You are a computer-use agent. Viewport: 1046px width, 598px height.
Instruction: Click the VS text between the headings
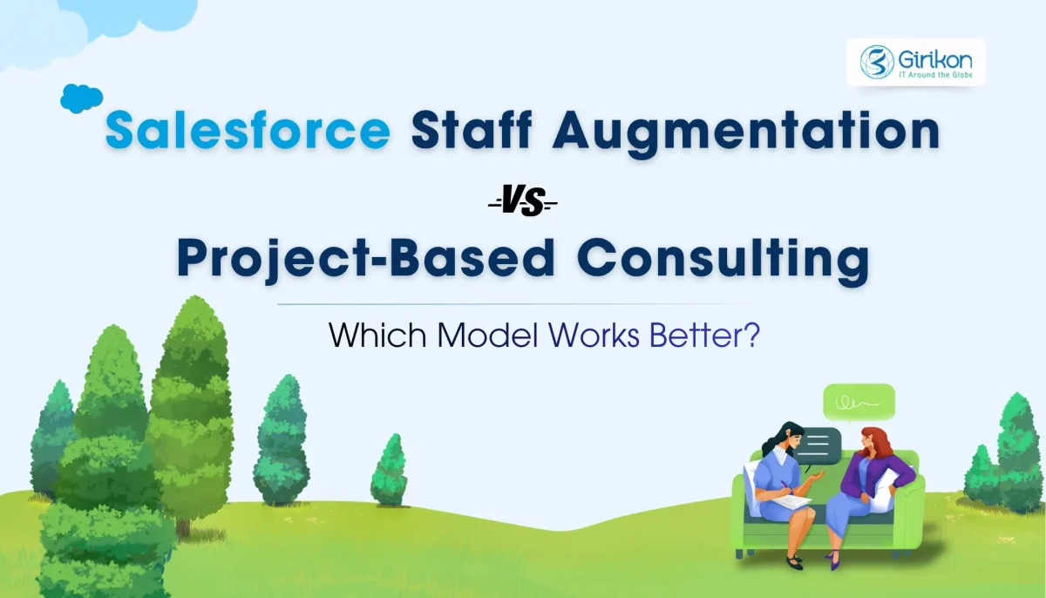click(x=522, y=205)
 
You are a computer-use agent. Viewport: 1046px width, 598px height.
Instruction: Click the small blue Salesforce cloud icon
click(x=81, y=99)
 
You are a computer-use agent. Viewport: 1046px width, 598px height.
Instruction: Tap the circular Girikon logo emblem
click(x=877, y=62)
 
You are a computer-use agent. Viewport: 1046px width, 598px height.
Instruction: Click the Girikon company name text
click(x=934, y=58)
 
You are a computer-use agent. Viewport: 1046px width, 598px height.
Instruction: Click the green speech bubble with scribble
click(x=859, y=403)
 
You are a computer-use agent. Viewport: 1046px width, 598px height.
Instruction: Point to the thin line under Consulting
click(x=514, y=304)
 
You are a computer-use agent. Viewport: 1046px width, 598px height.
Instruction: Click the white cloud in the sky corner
click(x=87, y=22)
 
